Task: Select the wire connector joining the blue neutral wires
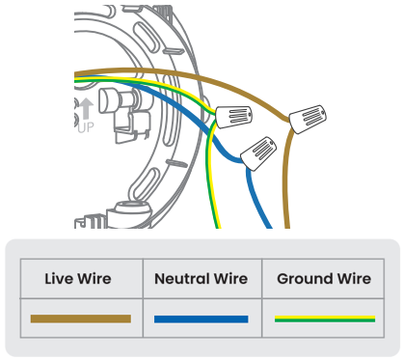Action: pyautogui.click(x=257, y=151)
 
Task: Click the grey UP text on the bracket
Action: pyautogui.click(x=85, y=126)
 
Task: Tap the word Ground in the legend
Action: pyautogui.click(x=304, y=280)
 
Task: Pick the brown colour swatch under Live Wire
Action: pyautogui.click(x=81, y=318)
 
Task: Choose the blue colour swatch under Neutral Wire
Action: pyautogui.click(x=201, y=318)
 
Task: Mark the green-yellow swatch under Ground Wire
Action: pyautogui.click(x=324, y=318)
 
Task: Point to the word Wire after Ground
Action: pyautogui.click(x=352, y=280)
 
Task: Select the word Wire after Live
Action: pyautogui.click(x=94, y=280)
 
